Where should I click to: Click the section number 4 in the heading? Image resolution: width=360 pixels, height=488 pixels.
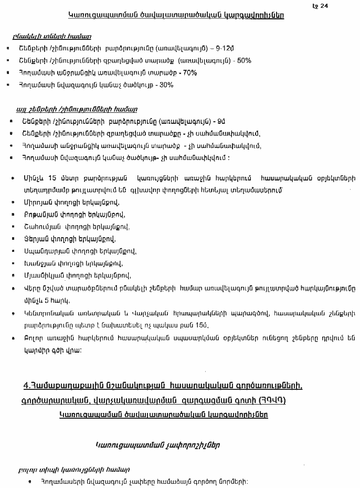click(x=26, y=388)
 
